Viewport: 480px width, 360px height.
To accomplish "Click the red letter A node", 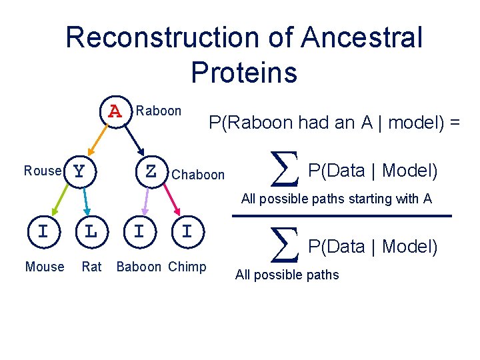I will [x=115, y=110].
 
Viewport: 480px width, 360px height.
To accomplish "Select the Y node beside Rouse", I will [x=80, y=171].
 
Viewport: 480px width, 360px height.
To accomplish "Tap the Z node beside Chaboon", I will [x=151, y=171].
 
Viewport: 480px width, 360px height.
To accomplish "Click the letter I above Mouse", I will [x=43, y=231].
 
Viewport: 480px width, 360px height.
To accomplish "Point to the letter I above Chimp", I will [x=187, y=231].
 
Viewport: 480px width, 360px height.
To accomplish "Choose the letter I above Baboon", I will [x=139, y=231].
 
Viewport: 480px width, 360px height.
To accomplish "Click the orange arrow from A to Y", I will [x=97, y=140].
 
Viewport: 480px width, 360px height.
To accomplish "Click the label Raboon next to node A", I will [x=158, y=111].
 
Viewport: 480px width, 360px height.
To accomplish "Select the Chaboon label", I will [x=198, y=175].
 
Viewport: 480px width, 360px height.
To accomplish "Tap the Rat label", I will [x=91, y=267].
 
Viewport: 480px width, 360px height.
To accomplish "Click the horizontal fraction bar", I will [x=341, y=215].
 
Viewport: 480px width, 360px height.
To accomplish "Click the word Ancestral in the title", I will [x=361, y=37].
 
